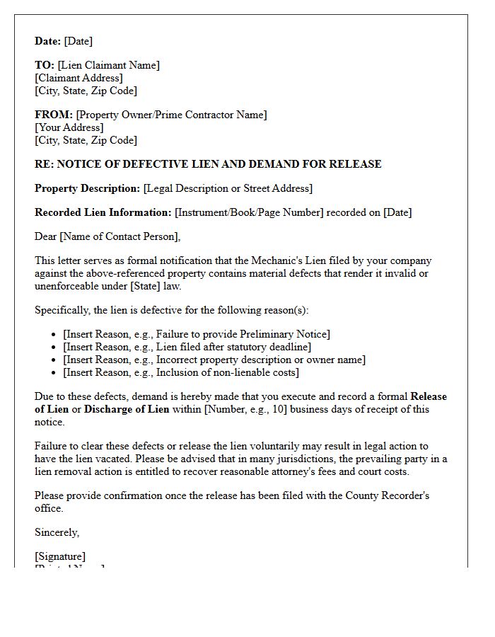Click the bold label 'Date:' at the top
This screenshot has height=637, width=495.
pos(48,41)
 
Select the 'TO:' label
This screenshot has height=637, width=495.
pos(45,65)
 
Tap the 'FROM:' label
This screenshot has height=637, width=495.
pos(54,115)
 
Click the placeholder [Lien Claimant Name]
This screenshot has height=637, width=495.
pos(109,65)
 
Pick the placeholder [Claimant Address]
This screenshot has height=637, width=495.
pos(78,78)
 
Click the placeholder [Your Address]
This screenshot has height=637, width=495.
pos(69,127)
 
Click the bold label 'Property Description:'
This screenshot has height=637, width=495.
pos(88,188)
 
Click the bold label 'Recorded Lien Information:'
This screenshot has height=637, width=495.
pos(103,212)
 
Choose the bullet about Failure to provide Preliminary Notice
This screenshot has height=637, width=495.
pos(197,334)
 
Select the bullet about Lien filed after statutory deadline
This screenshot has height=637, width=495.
pos(187,347)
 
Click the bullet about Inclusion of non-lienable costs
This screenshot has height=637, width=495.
pos(181,372)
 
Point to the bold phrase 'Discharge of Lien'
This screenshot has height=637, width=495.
pos(127,409)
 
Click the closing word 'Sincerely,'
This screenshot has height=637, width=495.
pos(57,532)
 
